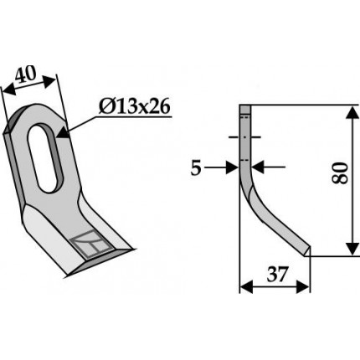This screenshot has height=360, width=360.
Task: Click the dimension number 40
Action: point(26,75)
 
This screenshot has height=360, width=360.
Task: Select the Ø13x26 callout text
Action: point(134,107)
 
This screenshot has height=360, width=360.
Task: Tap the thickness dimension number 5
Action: point(196,168)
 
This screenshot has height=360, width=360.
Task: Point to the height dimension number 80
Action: point(341,172)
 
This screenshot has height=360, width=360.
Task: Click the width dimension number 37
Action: point(277,275)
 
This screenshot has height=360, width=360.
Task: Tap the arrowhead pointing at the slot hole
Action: point(64,132)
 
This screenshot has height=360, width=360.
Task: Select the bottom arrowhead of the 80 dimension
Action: point(353,248)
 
